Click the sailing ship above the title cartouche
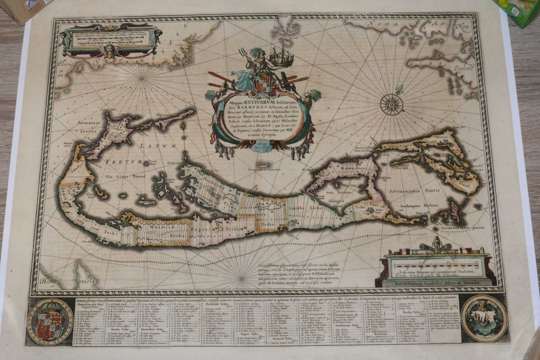tap(281, 57)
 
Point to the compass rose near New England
tap(391, 104)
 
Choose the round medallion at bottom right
tap(484, 318)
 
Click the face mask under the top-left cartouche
tap(110, 51)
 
